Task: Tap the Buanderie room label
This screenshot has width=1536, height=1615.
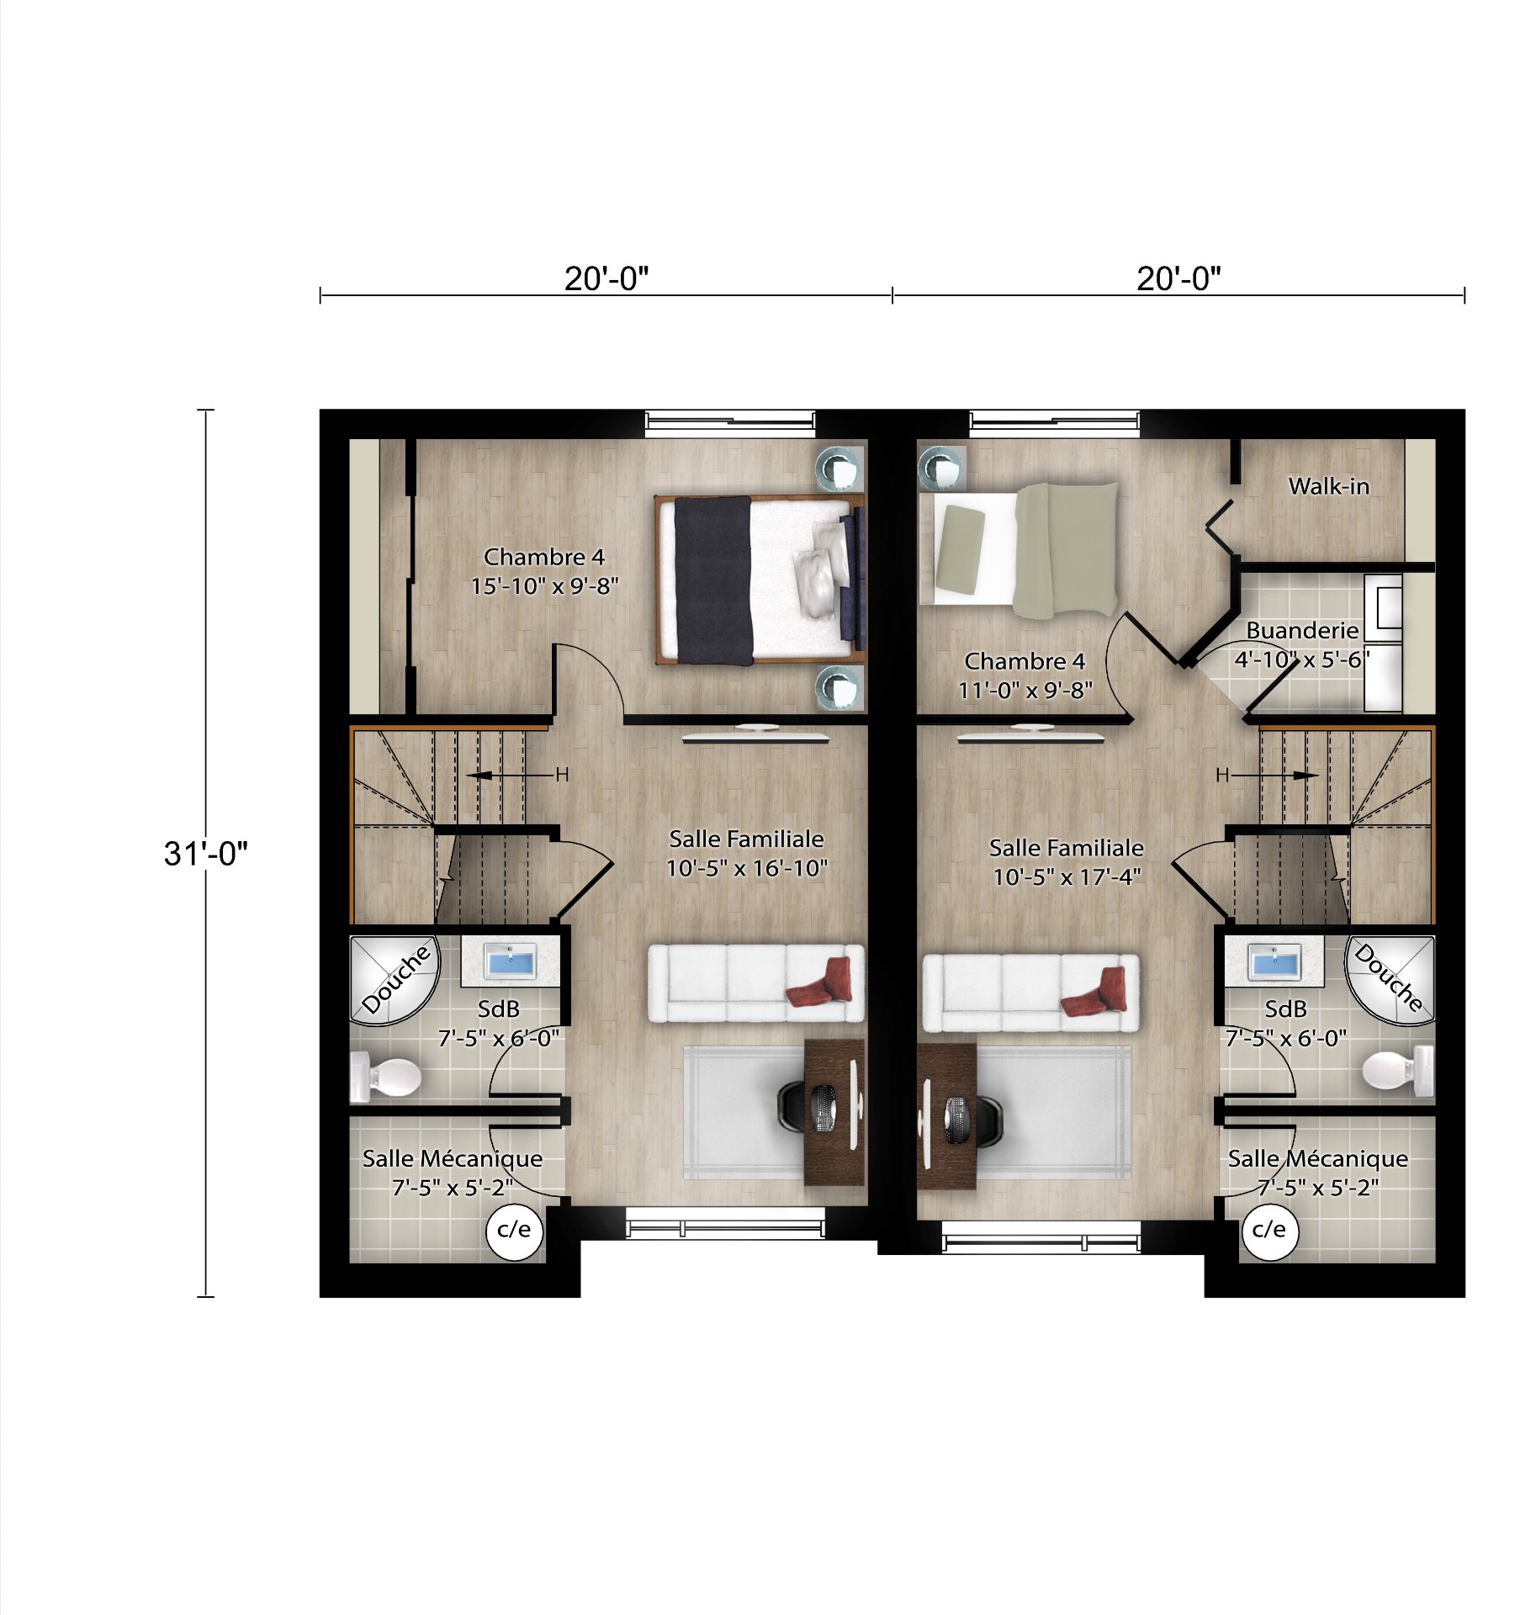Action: point(1301,630)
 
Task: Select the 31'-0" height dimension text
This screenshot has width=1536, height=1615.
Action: point(206,853)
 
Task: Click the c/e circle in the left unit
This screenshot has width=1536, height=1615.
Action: point(514,1231)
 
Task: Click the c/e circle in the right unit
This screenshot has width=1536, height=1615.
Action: point(1269,1231)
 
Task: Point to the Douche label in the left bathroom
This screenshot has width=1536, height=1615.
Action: point(396,978)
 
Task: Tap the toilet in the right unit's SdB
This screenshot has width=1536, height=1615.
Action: point(1396,1070)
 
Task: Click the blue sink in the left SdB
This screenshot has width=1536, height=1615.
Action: point(510,961)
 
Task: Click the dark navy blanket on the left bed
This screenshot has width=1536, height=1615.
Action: point(713,580)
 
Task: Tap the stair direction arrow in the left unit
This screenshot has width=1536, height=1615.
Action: point(513,775)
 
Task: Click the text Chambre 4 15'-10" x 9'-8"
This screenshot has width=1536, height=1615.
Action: point(544,571)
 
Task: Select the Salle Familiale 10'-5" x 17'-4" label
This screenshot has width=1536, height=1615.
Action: point(1066,862)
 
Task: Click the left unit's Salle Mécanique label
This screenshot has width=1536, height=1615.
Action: point(453,1173)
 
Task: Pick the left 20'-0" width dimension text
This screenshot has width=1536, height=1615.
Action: point(606,278)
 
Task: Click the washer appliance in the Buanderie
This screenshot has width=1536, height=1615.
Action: point(1384,603)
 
